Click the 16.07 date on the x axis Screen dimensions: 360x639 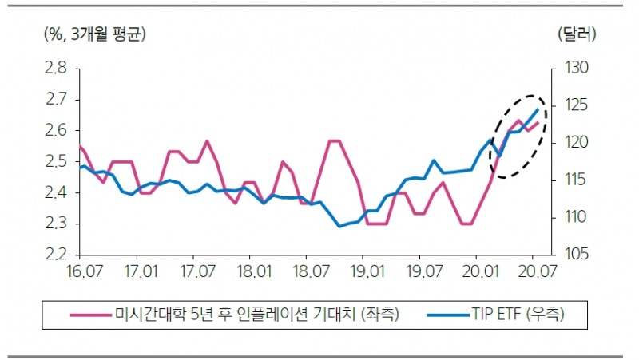pos(81,271)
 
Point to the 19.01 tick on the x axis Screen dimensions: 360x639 pos(363,271)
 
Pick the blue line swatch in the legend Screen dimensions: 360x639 pos(439,315)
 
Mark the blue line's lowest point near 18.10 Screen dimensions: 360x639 pos(339,227)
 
